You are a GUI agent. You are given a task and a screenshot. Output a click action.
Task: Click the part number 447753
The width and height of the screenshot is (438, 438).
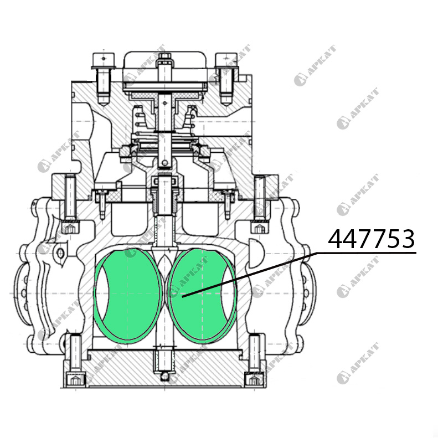(x=371, y=239)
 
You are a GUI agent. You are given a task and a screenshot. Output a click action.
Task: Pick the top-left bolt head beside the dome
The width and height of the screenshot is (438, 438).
(x=103, y=60)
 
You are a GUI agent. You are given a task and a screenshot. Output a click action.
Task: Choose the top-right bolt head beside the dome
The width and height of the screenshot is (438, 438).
(x=226, y=60)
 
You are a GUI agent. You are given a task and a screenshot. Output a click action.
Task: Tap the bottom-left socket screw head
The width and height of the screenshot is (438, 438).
(x=74, y=380)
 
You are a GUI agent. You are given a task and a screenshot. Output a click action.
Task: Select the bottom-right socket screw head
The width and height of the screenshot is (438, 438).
(x=253, y=380)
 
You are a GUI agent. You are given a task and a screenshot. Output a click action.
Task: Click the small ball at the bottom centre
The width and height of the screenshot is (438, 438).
(x=165, y=377)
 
